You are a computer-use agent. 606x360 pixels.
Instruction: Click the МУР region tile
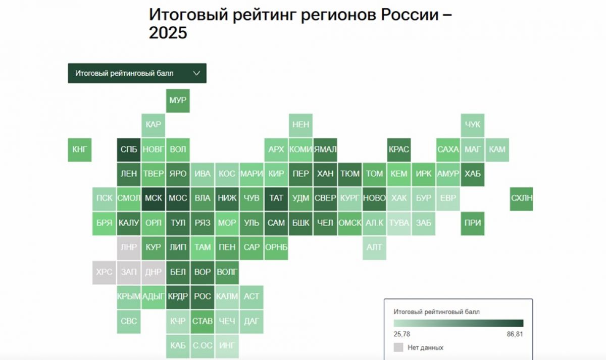tap(178, 100)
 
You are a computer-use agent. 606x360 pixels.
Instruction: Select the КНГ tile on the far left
tap(80, 149)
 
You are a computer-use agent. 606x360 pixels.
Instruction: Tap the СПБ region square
tap(129, 149)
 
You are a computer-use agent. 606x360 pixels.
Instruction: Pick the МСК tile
tap(154, 198)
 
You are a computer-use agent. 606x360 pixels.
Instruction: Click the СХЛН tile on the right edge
tap(522, 198)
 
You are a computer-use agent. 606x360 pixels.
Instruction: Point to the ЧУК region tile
tap(473, 125)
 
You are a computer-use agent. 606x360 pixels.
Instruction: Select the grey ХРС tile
tap(105, 272)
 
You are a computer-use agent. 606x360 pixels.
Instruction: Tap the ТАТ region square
tap(276, 198)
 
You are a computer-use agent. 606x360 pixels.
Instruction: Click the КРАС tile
tap(399, 149)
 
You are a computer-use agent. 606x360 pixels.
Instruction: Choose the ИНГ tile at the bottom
tap(227, 346)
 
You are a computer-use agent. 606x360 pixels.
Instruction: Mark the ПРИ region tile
tap(473, 223)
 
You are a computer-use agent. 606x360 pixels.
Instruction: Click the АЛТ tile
tap(374, 247)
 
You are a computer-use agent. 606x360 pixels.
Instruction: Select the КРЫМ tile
tap(129, 296)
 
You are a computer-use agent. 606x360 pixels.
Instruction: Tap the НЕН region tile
tap(300, 125)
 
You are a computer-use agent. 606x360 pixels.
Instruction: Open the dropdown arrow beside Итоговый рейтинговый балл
tap(196, 73)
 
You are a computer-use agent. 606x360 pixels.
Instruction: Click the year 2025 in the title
tap(168, 33)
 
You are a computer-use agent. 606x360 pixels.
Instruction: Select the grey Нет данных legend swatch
tap(398, 347)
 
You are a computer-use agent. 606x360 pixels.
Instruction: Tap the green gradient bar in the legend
tap(458, 323)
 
